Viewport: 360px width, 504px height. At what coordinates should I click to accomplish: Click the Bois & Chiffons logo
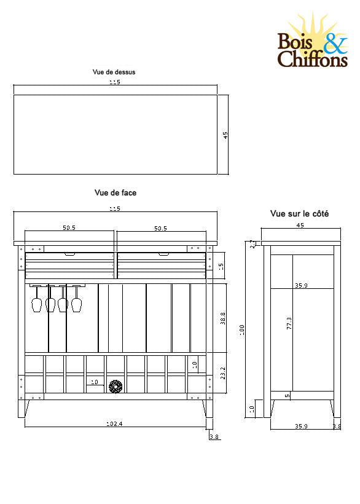tap(313, 43)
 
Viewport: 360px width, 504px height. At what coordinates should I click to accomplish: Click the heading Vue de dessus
tap(114, 72)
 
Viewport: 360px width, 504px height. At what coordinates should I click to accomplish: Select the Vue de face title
tap(115, 192)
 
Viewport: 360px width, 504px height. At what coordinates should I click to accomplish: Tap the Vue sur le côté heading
tap(299, 214)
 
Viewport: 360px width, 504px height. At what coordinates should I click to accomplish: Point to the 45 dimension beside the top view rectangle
tap(226, 135)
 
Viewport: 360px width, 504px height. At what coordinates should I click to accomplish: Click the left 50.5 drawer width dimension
tap(69, 228)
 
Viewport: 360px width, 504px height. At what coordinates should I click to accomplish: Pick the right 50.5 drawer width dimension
tap(160, 228)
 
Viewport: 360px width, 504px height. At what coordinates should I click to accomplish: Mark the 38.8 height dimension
tap(222, 318)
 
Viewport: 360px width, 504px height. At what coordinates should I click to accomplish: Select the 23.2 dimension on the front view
tap(222, 372)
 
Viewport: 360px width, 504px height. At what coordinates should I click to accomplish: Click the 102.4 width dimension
tap(114, 424)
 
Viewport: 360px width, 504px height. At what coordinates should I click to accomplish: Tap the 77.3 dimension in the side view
tap(289, 324)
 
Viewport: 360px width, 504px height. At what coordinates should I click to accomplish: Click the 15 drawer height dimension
tap(221, 267)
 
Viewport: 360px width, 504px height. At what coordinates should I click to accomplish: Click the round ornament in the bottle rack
tap(115, 387)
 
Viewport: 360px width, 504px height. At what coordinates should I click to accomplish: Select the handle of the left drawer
tap(69, 253)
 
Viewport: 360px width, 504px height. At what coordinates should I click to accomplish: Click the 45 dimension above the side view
tap(300, 226)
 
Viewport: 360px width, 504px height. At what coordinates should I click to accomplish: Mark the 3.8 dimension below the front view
tap(214, 436)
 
